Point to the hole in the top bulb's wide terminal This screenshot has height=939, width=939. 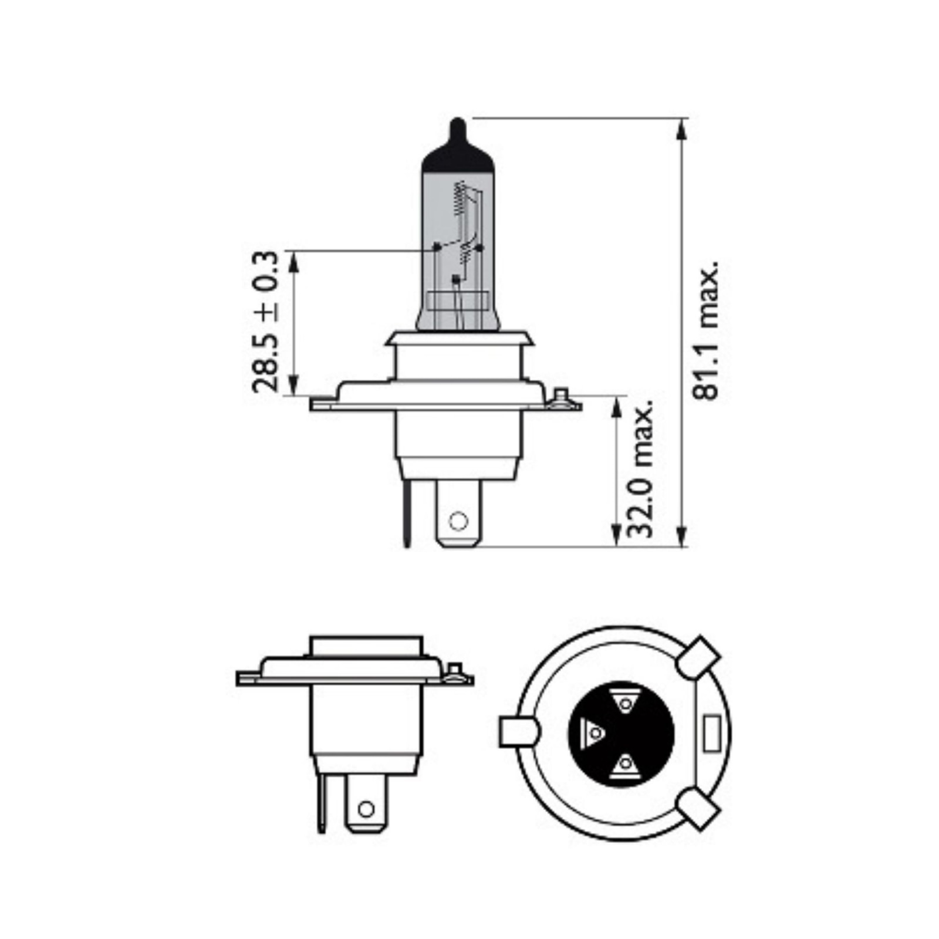pyautogui.click(x=458, y=520)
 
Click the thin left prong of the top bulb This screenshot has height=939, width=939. pyautogui.click(x=406, y=511)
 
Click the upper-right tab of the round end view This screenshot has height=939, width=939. pyautogui.click(x=698, y=656)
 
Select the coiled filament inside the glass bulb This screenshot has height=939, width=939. pyautogui.click(x=461, y=202)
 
